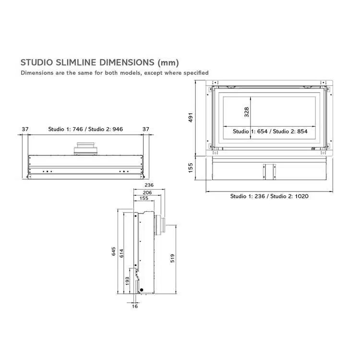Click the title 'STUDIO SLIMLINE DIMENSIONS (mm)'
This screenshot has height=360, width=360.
click(99, 62)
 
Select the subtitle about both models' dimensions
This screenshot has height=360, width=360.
click(114, 73)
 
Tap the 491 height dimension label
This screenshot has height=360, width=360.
click(190, 118)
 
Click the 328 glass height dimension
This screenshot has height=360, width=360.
click(247, 112)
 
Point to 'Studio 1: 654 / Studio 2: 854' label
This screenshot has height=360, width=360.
click(270, 132)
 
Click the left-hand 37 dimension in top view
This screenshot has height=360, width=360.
click(25, 129)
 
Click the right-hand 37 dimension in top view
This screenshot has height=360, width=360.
click(146, 129)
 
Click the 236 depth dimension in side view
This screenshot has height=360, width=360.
click(149, 185)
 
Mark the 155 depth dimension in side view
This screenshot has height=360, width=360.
click(144, 198)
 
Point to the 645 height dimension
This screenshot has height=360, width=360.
click(114, 252)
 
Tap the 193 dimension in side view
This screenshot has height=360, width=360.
click(127, 280)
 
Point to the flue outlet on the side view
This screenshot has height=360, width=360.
click(160, 226)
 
